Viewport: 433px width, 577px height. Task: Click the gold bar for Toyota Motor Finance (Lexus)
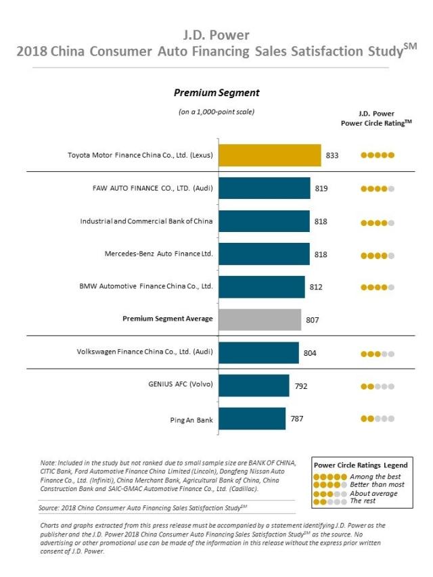coord(269,155)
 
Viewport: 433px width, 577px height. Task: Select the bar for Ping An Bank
coord(252,419)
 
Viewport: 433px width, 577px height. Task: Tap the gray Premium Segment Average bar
coord(259,319)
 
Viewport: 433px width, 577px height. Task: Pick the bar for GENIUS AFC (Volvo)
coord(253,386)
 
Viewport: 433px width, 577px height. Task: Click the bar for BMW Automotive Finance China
coord(261,287)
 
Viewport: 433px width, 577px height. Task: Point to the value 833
coord(332,155)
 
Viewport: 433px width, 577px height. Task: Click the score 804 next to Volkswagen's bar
coord(310,353)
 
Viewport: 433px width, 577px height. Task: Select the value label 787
coord(297,419)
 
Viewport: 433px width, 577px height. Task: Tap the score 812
coord(316,287)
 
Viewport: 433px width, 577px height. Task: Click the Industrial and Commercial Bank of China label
coord(147,221)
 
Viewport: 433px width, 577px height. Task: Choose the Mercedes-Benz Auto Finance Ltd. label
coord(159,254)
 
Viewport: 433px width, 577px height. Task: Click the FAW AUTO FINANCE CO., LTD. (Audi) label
coord(153,188)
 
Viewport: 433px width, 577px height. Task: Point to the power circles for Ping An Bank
coord(378,419)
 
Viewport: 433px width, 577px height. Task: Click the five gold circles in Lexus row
coord(378,155)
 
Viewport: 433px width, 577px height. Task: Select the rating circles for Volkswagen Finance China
coord(378,353)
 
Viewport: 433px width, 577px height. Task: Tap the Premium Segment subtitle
coord(216,93)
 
